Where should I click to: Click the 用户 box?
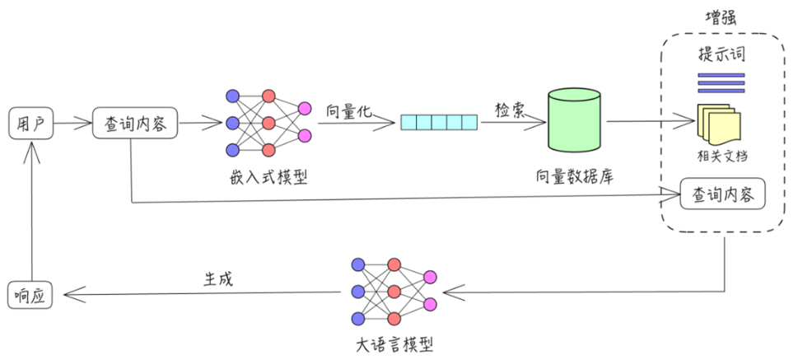30,124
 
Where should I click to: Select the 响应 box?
30,294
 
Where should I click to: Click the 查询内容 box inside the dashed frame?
722,195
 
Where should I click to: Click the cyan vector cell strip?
439,124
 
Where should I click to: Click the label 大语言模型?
394,344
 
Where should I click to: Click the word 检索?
509,110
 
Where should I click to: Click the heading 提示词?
721,56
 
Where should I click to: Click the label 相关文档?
721,156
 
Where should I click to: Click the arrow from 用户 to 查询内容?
73,124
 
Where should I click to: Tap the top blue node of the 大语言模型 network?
357,264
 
